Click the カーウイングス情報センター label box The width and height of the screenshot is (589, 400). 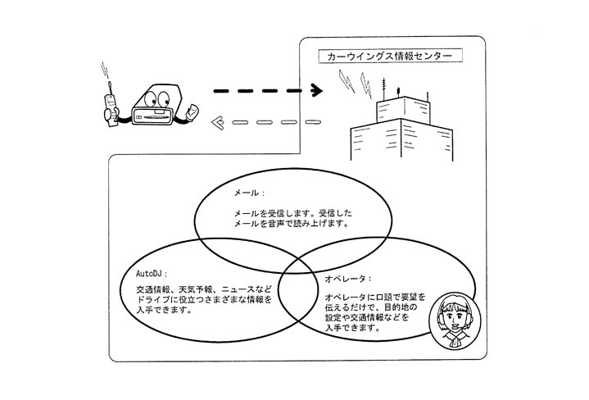390,57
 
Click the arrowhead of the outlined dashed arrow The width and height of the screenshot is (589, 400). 218,124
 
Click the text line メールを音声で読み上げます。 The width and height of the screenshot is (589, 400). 279,221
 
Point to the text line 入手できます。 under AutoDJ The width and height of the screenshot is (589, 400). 165,311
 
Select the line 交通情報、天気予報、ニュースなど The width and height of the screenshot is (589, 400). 203,289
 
